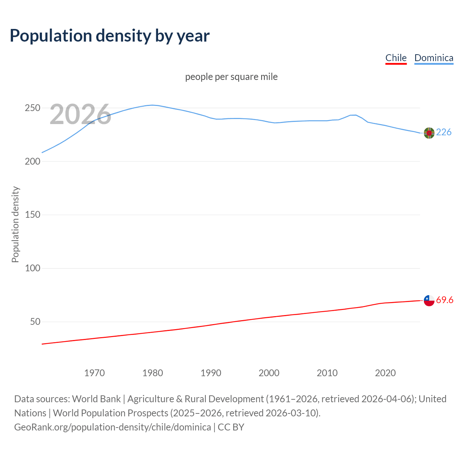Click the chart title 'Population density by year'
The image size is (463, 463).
point(110,36)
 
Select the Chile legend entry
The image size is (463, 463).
point(396,58)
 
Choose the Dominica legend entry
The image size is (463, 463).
point(434,58)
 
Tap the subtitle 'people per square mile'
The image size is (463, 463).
point(231,77)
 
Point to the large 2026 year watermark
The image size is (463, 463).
point(80,114)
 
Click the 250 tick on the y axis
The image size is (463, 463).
point(32,108)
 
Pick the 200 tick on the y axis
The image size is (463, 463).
point(32,161)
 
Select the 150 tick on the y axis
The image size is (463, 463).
point(32,215)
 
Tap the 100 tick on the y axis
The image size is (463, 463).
point(32,268)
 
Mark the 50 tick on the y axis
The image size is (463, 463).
point(35,322)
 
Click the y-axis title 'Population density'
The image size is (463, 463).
point(15,224)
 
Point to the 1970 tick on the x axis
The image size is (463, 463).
point(94,373)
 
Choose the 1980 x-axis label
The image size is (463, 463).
point(153,373)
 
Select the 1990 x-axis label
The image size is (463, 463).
point(211,373)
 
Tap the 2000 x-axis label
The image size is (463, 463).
point(269,373)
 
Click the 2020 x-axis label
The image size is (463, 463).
point(385,373)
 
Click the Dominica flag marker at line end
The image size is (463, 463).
point(429,133)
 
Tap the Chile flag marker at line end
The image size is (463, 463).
point(429,300)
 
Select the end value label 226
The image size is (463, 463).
point(444,132)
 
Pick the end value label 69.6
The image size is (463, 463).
point(445,300)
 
